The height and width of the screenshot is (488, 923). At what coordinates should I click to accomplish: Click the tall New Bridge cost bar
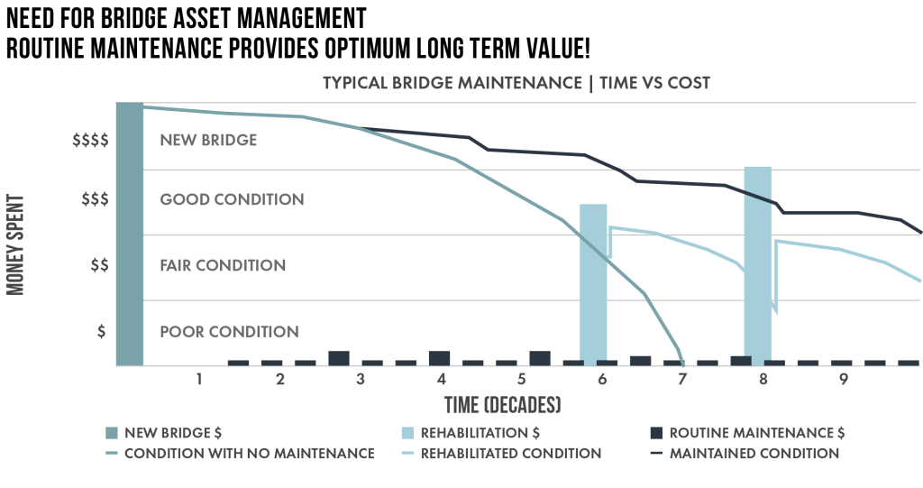[x=130, y=235]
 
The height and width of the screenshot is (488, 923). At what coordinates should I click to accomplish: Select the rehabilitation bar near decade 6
[x=592, y=284]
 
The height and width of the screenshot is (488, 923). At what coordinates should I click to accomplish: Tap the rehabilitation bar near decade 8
[x=757, y=266]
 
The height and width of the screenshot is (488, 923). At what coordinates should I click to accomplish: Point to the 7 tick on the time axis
[x=682, y=380]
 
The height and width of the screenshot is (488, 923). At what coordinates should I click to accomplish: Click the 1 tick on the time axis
[x=199, y=380]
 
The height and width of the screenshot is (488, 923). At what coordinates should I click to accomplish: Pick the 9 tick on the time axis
[x=843, y=380]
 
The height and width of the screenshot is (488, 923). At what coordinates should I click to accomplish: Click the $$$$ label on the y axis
[x=90, y=141]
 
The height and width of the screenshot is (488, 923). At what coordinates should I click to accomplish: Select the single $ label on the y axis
[x=101, y=331]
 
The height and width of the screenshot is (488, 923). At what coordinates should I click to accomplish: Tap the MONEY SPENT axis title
[x=16, y=235]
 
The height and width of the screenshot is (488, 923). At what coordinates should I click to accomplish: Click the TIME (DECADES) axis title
[x=502, y=402]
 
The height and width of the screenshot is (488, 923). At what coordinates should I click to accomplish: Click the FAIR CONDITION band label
[x=223, y=265]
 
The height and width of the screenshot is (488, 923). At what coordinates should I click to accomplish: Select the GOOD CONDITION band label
[x=232, y=199]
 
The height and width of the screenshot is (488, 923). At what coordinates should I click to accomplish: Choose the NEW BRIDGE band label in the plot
[x=208, y=141]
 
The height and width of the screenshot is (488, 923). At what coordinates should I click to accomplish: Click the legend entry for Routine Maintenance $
[x=755, y=432]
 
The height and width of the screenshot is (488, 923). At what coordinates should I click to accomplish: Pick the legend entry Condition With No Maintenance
[x=250, y=453]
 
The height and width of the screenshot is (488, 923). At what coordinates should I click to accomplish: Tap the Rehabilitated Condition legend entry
[x=510, y=453]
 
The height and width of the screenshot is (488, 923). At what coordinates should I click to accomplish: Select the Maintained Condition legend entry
[x=754, y=453]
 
